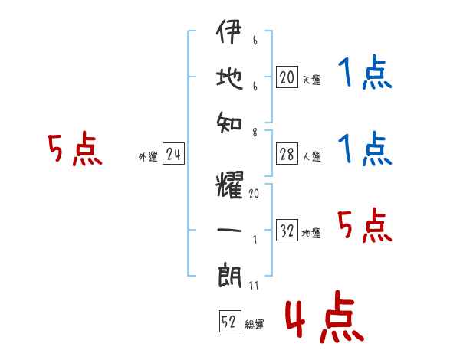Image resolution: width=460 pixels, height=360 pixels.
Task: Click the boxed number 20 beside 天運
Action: (287, 77)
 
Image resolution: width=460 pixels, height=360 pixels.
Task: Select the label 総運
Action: (255, 325)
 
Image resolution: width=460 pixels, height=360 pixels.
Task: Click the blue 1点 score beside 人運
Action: (363, 149)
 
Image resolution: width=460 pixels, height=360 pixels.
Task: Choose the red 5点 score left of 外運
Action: (74, 149)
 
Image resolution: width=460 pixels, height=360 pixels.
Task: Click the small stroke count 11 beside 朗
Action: (254, 287)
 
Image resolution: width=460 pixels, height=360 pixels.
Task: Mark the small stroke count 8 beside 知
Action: (254, 133)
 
